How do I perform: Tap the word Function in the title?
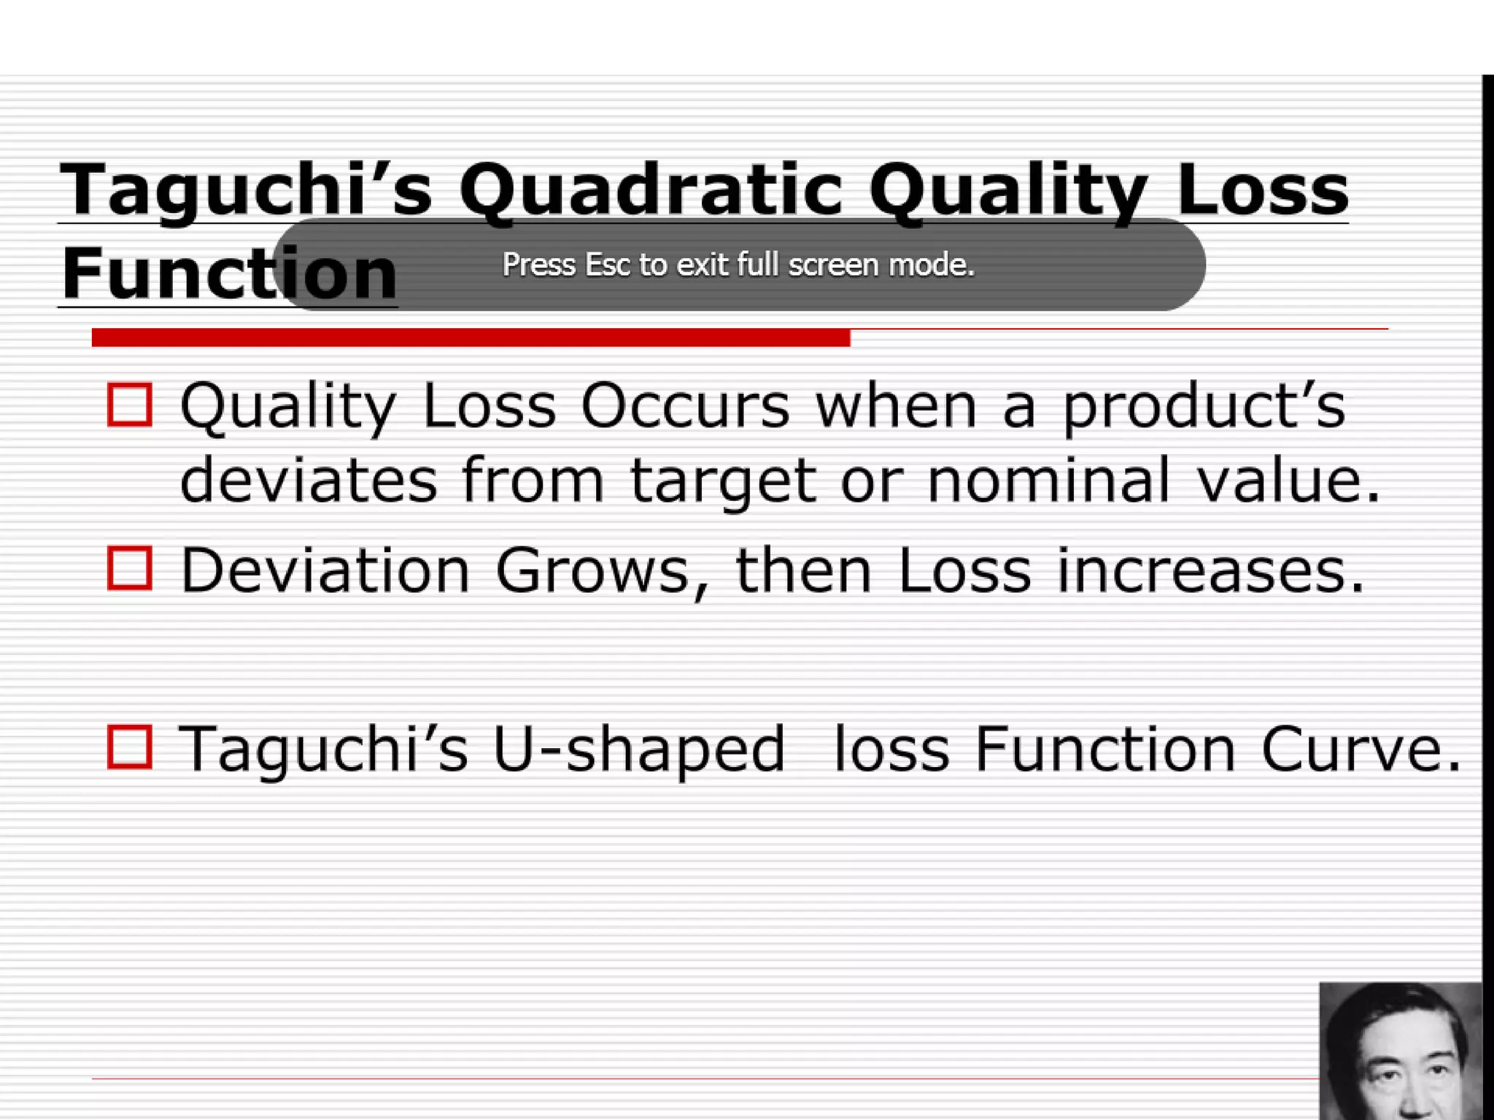(x=229, y=274)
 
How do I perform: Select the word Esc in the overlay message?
(x=608, y=265)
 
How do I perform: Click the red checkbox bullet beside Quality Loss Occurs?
(x=130, y=405)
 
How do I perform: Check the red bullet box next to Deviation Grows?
(x=130, y=568)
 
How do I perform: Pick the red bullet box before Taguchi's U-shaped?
(x=130, y=747)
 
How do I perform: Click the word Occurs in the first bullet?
(x=685, y=406)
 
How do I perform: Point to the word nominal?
(x=1049, y=481)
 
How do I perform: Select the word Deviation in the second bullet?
(x=325, y=570)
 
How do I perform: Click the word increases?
(x=1209, y=571)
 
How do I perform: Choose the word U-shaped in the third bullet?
(x=639, y=750)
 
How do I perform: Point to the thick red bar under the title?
(x=471, y=338)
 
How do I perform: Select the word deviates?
(x=309, y=481)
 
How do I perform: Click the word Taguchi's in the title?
(x=246, y=191)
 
